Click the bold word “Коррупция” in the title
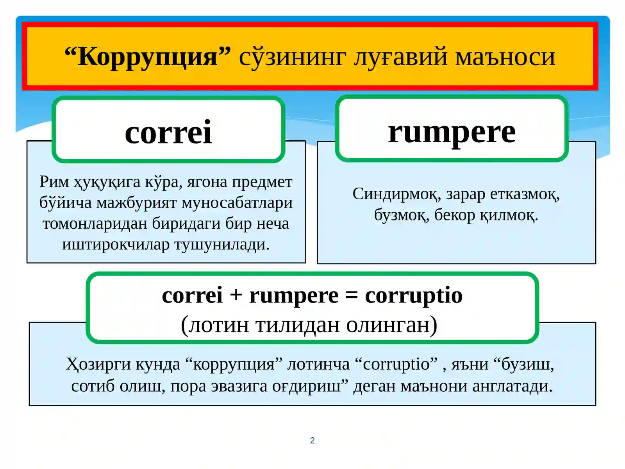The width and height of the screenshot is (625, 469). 148,57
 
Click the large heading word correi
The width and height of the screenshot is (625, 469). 168,132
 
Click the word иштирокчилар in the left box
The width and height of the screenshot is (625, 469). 116,244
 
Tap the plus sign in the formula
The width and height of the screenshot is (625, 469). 236,295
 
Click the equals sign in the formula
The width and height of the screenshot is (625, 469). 352,295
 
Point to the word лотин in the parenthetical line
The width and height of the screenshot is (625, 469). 219,324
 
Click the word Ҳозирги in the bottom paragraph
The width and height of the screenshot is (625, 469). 98,364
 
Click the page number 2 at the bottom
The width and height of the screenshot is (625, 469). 312,440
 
